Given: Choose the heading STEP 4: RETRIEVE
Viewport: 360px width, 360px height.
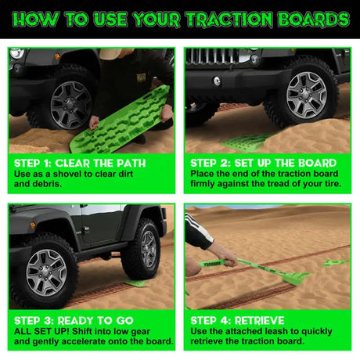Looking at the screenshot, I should (238, 320).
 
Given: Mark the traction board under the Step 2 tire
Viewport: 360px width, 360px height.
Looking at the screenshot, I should (249, 142).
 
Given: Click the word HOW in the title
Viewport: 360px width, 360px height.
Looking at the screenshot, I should (41, 19).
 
